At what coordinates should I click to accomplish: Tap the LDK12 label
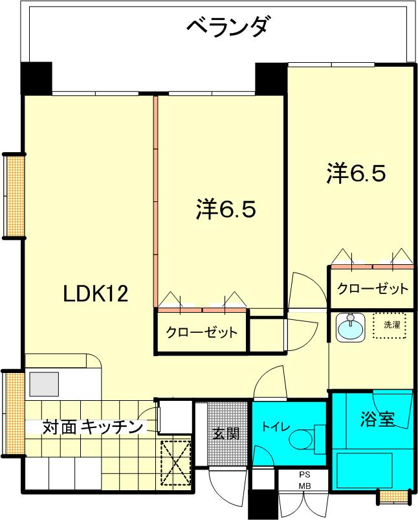96,294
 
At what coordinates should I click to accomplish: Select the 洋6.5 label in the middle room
226,209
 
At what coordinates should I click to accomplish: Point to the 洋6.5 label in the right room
356,172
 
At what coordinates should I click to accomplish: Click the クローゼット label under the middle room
202,332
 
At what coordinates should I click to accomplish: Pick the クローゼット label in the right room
372,289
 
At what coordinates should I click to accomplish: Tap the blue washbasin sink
350,328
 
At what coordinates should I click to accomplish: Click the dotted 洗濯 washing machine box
390,326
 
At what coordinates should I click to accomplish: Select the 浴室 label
378,419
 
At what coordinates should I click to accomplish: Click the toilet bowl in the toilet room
301,440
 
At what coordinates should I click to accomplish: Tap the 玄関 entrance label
226,433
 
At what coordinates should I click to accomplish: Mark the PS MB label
305,480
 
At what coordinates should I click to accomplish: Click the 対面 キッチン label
93,427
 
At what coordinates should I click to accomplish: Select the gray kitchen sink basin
44,384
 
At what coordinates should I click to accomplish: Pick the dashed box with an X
176,462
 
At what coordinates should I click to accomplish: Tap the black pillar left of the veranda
36,78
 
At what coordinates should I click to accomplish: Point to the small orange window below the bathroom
393,496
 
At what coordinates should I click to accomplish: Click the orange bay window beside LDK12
15,196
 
